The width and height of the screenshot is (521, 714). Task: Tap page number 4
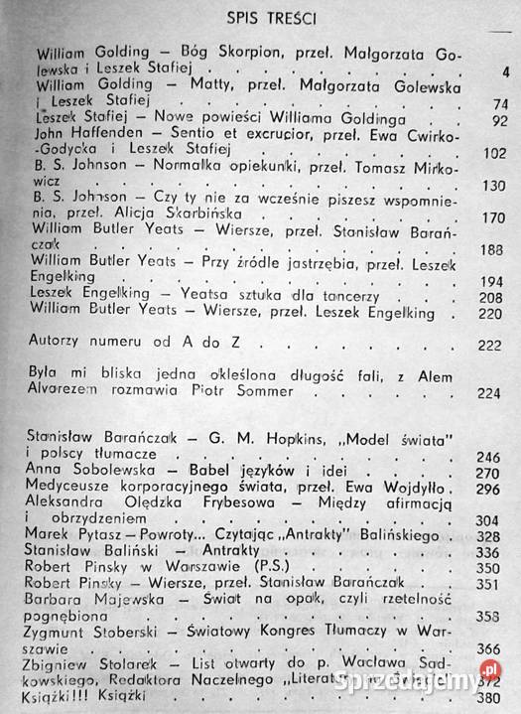pyautogui.click(x=505, y=71)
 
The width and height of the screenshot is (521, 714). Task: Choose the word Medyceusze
pyautogui.click(x=73, y=489)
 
